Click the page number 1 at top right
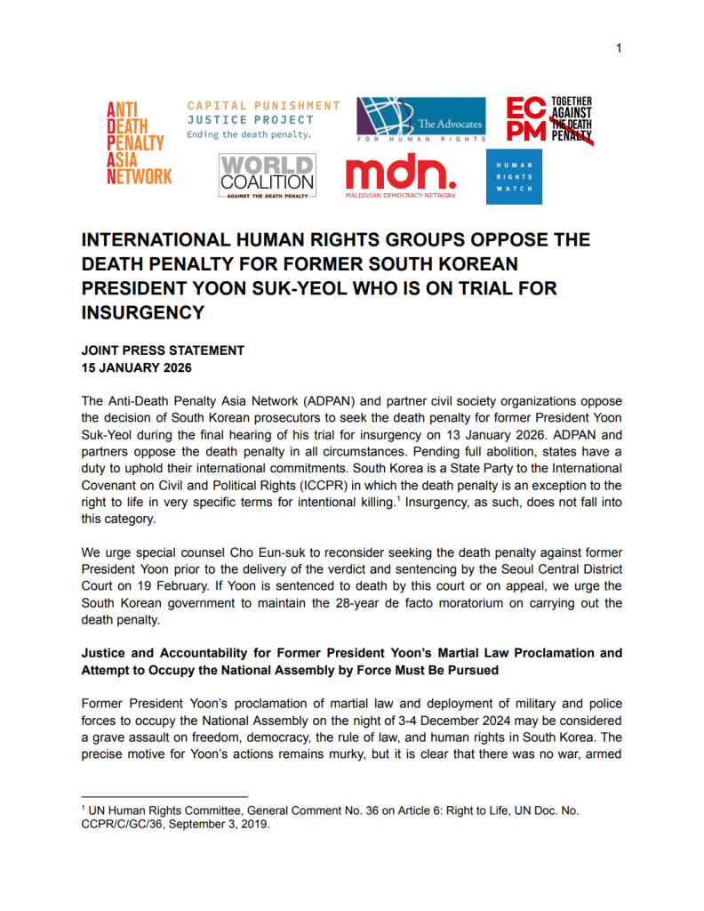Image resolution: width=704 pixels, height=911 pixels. tap(619, 48)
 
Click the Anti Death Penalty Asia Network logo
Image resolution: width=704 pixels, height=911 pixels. tap(139, 141)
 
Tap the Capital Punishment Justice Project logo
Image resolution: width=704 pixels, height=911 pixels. tap(263, 120)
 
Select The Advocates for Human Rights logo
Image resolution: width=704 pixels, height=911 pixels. tap(421, 120)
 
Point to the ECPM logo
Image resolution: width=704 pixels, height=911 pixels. tap(548, 120)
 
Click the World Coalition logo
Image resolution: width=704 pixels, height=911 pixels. tap(267, 175)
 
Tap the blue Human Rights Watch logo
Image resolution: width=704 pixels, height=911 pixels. tap(514, 177)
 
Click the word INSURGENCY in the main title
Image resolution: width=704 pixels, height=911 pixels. tap(143, 313)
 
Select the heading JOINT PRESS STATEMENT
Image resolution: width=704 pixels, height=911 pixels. tap(163, 351)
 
